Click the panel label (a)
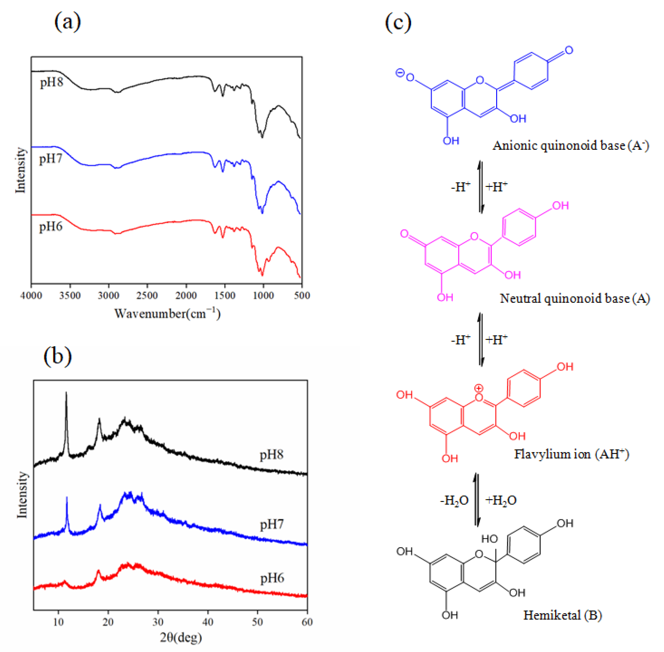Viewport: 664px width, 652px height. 67,22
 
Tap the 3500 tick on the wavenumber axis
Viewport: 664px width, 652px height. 70,295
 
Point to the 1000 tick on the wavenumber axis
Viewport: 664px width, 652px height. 263,295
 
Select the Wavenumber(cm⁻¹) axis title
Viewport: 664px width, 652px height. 167,313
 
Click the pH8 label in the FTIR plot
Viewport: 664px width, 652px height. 51,82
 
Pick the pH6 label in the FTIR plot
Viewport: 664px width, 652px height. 51,226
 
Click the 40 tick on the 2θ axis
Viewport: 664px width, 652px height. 208,622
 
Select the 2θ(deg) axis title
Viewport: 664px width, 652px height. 181,637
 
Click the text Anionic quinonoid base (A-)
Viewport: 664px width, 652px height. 570,146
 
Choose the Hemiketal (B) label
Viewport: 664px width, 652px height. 562,615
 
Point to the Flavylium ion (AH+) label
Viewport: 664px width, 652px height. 571,454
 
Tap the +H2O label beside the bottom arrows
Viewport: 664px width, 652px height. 501,500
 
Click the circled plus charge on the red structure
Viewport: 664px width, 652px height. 479,388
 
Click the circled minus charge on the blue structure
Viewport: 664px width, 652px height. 400,73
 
